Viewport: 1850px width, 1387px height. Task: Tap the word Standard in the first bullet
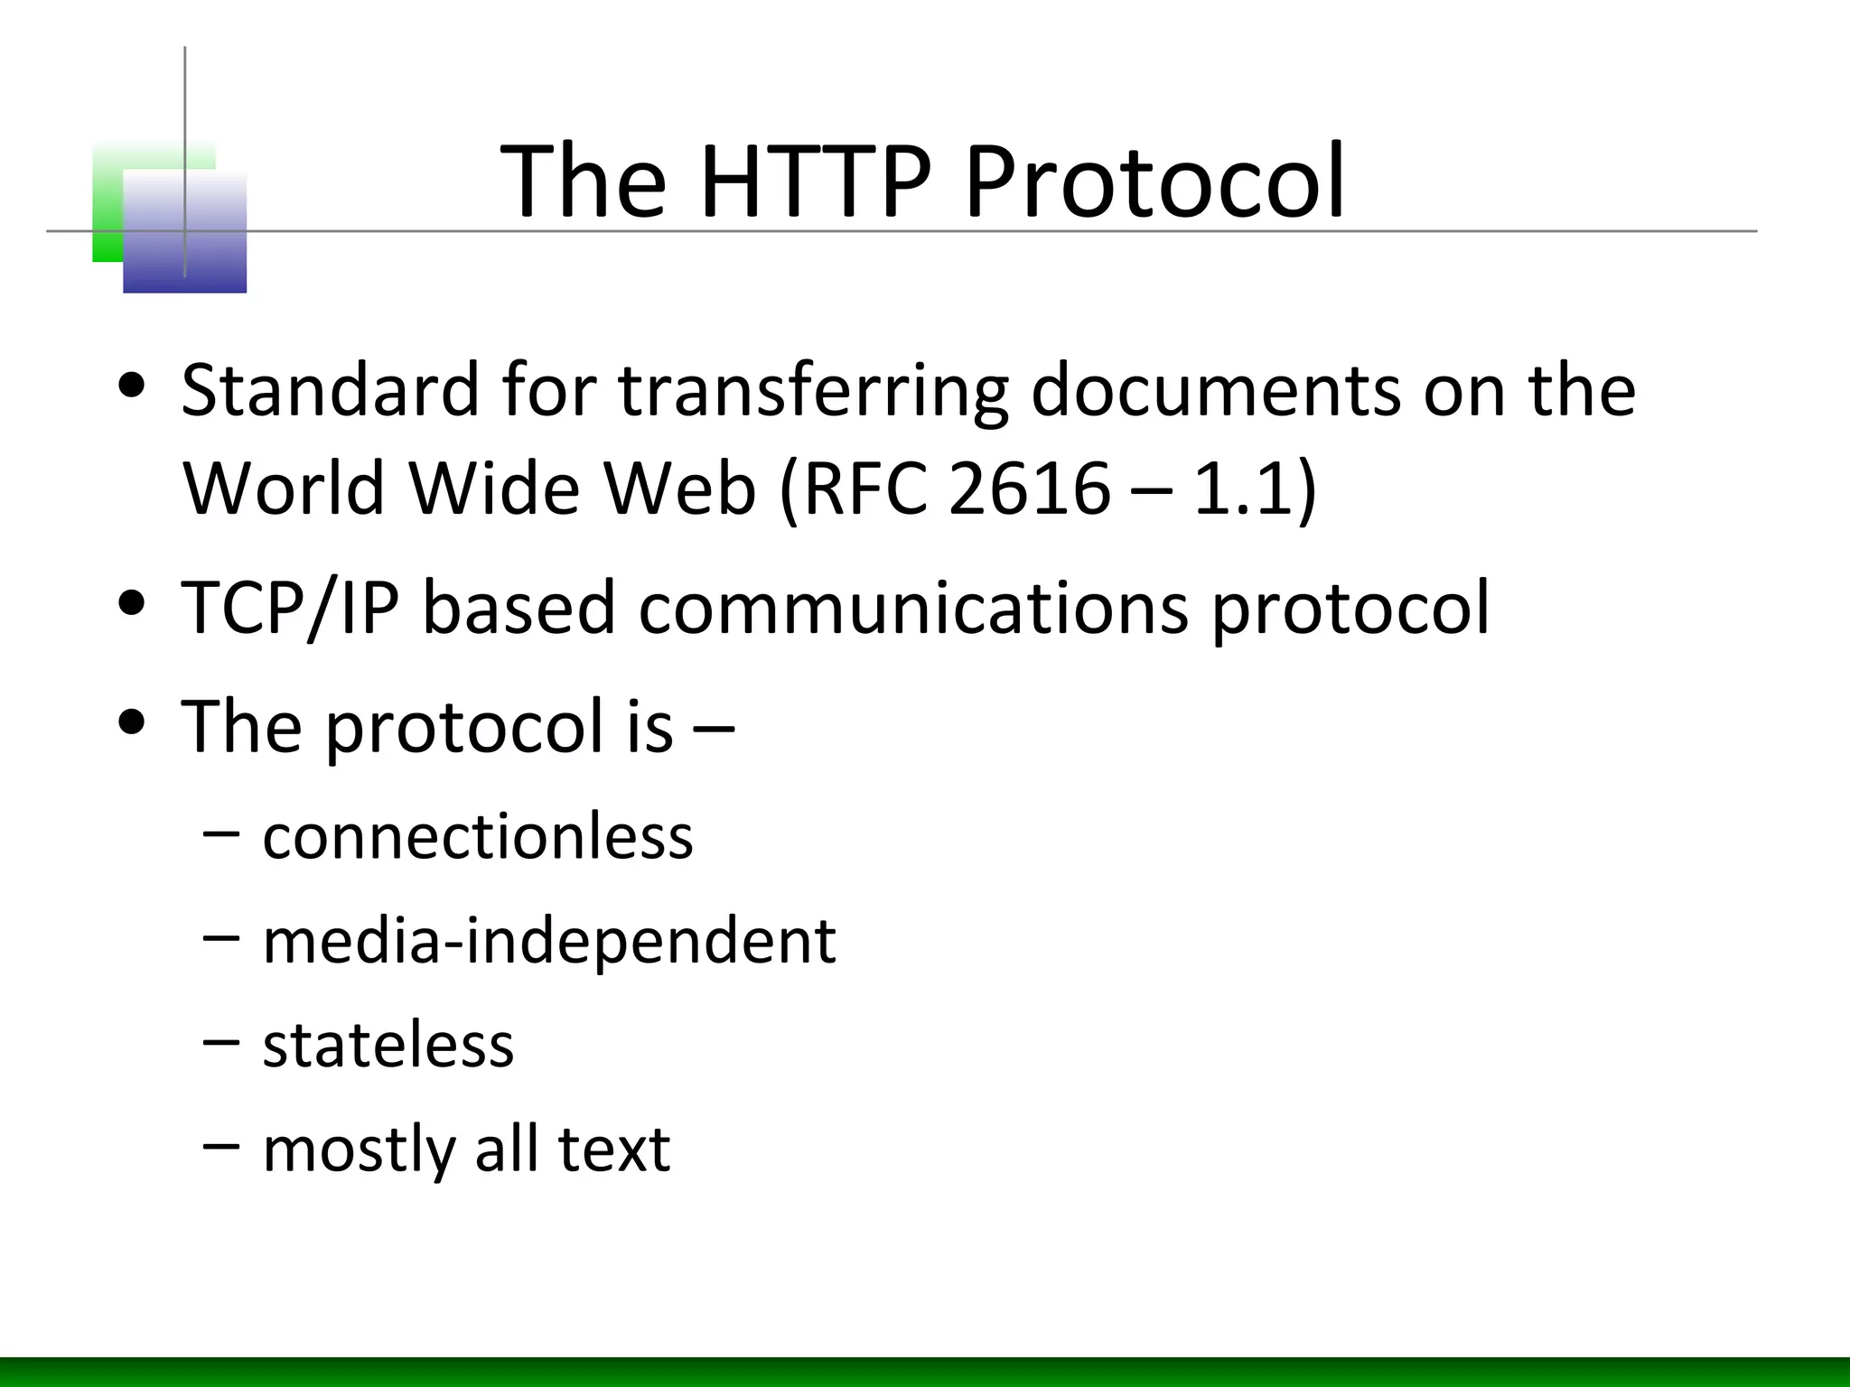pyautogui.click(x=330, y=390)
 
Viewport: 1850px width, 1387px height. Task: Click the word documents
pyautogui.click(x=1215, y=390)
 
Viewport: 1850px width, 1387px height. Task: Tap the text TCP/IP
pyautogui.click(x=290, y=608)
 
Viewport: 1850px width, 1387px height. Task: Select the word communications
pyautogui.click(x=913, y=608)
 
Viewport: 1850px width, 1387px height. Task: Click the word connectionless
pyautogui.click(x=478, y=836)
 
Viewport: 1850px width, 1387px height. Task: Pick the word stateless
pyautogui.click(x=388, y=1045)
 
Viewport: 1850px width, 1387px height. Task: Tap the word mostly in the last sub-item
pyautogui.click(x=358, y=1150)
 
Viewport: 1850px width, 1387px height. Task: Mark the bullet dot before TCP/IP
pyautogui.click(x=133, y=604)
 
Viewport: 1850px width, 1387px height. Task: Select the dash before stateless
pyautogui.click(x=221, y=1041)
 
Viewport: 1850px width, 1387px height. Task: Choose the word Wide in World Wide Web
pyautogui.click(x=493, y=489)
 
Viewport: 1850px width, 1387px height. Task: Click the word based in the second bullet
pyautogui.click(x=519, y=608)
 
